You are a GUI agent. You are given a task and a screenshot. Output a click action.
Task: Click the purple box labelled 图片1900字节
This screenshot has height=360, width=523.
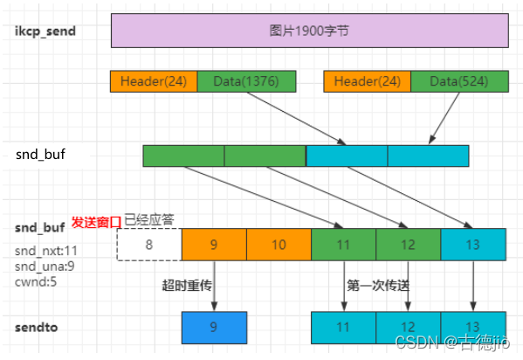[310, 31]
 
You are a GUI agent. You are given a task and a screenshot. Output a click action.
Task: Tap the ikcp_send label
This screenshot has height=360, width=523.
[46, 31]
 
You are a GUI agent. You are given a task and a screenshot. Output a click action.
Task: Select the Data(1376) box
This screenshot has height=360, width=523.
[246, 81]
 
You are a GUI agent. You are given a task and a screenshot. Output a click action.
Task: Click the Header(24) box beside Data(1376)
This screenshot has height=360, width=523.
[154, 81]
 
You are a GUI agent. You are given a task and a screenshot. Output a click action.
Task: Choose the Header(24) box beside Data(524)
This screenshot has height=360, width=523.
[367, 81]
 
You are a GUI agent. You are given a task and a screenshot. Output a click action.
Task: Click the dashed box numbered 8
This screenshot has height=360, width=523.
[149, 245]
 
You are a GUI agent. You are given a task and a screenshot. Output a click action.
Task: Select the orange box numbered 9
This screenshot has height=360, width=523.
[214, 245]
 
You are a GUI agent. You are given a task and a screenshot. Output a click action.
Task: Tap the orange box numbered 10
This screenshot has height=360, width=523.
[279, 245]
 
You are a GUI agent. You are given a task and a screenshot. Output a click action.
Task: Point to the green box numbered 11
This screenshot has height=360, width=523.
[343, 245]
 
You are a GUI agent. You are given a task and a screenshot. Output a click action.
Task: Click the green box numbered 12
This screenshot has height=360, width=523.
[408, 245]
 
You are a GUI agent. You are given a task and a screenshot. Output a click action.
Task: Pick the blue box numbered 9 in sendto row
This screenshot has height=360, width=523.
[214, 327]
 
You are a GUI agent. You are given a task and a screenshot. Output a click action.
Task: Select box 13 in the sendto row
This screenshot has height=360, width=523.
[473, 327]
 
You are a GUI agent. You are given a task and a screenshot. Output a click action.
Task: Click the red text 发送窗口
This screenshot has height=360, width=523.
[95, 222]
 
